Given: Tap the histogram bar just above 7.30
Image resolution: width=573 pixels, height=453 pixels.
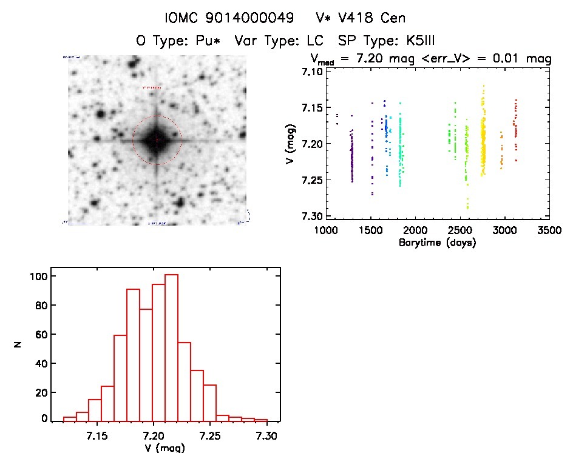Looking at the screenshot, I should tap(261, 420).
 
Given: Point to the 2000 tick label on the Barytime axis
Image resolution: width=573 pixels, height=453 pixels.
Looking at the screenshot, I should tap(415, 231).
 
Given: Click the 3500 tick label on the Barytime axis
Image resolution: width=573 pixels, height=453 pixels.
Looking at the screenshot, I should tap(549, 231).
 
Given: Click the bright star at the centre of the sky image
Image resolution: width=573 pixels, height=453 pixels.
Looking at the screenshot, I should tap(157, 140).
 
